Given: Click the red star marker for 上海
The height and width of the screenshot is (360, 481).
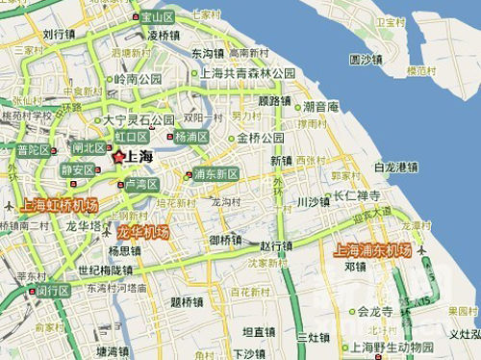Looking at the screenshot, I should [x=119, y=157].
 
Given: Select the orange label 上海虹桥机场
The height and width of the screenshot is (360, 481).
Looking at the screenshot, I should [x=59, y=206].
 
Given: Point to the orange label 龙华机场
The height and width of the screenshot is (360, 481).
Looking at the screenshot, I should [x=142, y=233].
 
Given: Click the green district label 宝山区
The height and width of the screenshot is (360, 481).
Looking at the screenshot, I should [x=156, y=16].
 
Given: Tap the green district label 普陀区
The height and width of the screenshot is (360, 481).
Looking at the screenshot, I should [x=34, y=150].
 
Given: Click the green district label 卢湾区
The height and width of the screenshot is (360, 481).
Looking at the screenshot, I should [x=140, y=184].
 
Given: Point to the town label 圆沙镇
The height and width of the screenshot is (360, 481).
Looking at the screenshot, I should [x=367, y=59].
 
